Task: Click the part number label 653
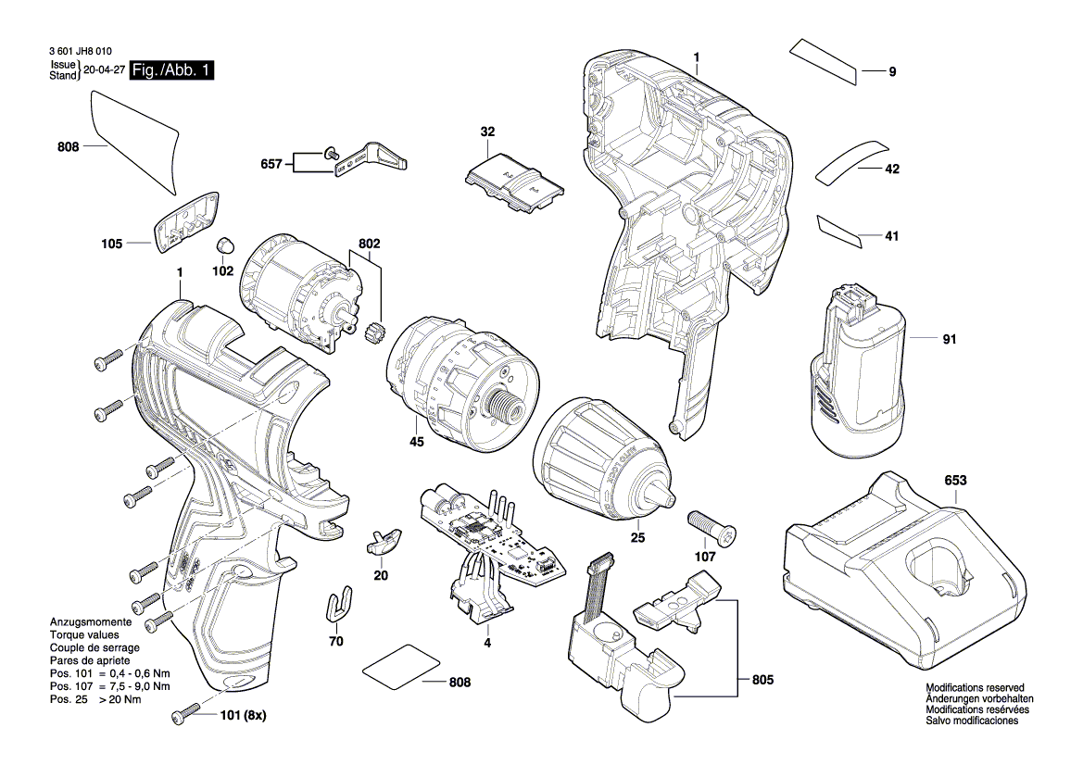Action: click(x=955, y=481)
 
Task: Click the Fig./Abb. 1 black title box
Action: click(x=172, y=70)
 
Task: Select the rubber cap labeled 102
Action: click(x=223, y=246)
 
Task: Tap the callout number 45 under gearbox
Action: click(x=417, y=443)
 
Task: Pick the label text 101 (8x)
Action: click(x=242, y=716)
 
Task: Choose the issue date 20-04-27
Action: click(x=103, y=70)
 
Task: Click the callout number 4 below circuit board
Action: click(x=485, y=642)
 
